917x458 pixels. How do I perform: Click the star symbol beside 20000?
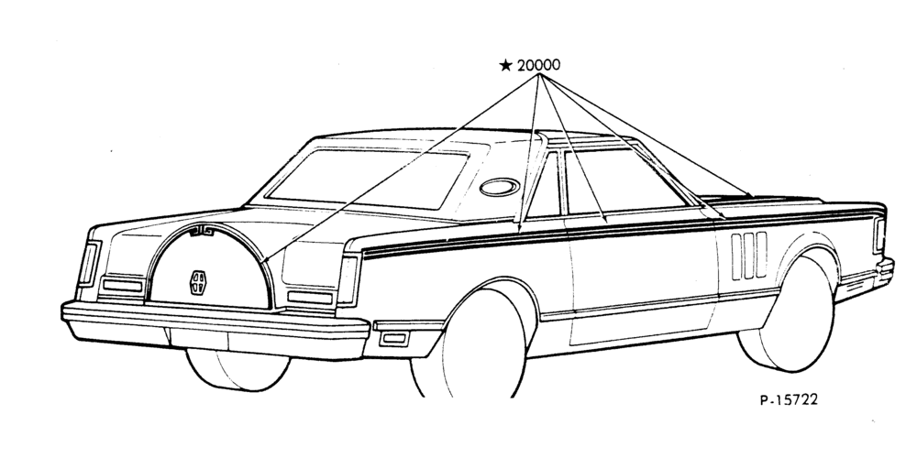pos(506,65)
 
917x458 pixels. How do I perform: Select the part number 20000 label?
pos(538,65)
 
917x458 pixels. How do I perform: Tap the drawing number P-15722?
pos(789,399)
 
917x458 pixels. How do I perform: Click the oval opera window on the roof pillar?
pos(500,187)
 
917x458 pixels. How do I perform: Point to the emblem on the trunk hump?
pos(198,283)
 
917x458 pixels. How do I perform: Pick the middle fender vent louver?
pos(748,256)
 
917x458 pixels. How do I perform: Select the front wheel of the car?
pos(787,314)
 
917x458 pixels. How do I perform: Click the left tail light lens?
pos(89,265)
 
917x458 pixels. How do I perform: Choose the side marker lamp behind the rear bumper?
pos(393,338)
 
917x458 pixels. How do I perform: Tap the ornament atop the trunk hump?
pos(203,232)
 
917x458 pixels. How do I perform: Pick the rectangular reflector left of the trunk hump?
pos(123,286)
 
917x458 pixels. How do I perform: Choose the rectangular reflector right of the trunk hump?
pos(310,298)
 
